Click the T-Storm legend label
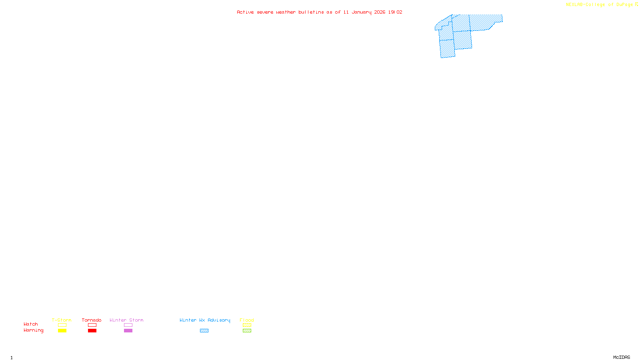click(62, 320)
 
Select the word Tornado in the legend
click(92, 320)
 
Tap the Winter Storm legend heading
click(126, 320)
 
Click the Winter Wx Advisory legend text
click(205, 320)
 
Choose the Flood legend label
click(247, 320)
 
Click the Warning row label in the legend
click(34, 330)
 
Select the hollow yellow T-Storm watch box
click(62, 325)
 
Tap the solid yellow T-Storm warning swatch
click(62, 331)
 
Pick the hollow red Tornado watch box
click(92, 325)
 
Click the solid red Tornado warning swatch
click(92, 331)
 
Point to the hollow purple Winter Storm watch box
click(128, 325)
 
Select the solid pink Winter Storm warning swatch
click(128, 331)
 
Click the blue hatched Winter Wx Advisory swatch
click(204, 331)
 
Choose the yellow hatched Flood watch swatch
click(247, 325)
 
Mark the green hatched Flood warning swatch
click(247, 331)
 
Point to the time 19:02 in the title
click(395, 12)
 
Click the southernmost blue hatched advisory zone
click(447, 49)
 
